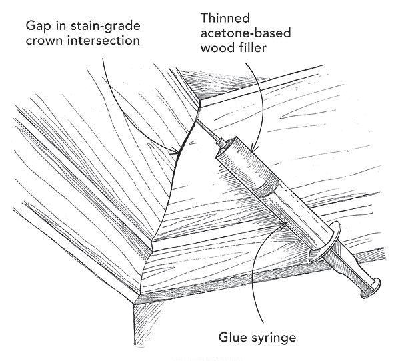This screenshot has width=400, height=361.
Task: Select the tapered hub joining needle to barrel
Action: pos(221,144)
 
